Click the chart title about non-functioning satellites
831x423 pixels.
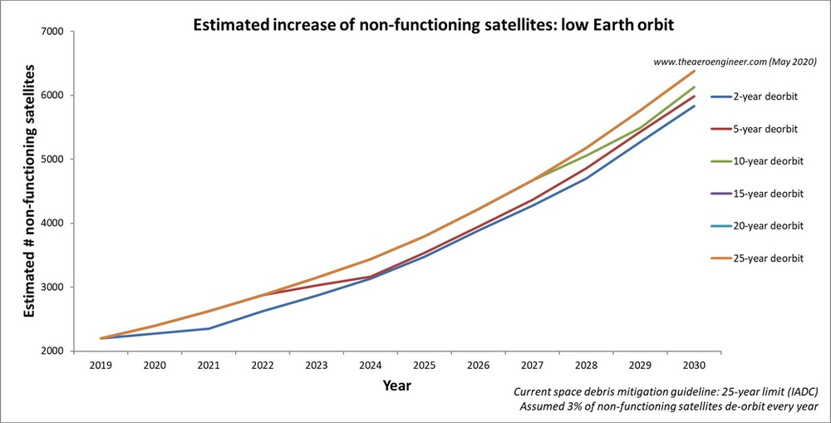(432, 25)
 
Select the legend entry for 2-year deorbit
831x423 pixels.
(765, 97)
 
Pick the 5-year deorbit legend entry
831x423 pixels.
(765, 130)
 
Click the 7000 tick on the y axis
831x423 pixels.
(56, 32)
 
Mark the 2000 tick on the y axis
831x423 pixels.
(56, 352)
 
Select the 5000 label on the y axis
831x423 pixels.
(56, 160)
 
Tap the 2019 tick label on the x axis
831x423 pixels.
(101, 365)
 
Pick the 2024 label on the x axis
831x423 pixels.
(370, 365)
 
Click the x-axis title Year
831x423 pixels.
(396, 386)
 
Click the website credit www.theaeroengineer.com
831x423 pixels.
(735, 61)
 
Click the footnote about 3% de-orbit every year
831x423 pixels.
(669, 406)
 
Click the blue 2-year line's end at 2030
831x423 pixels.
(694, 106)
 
